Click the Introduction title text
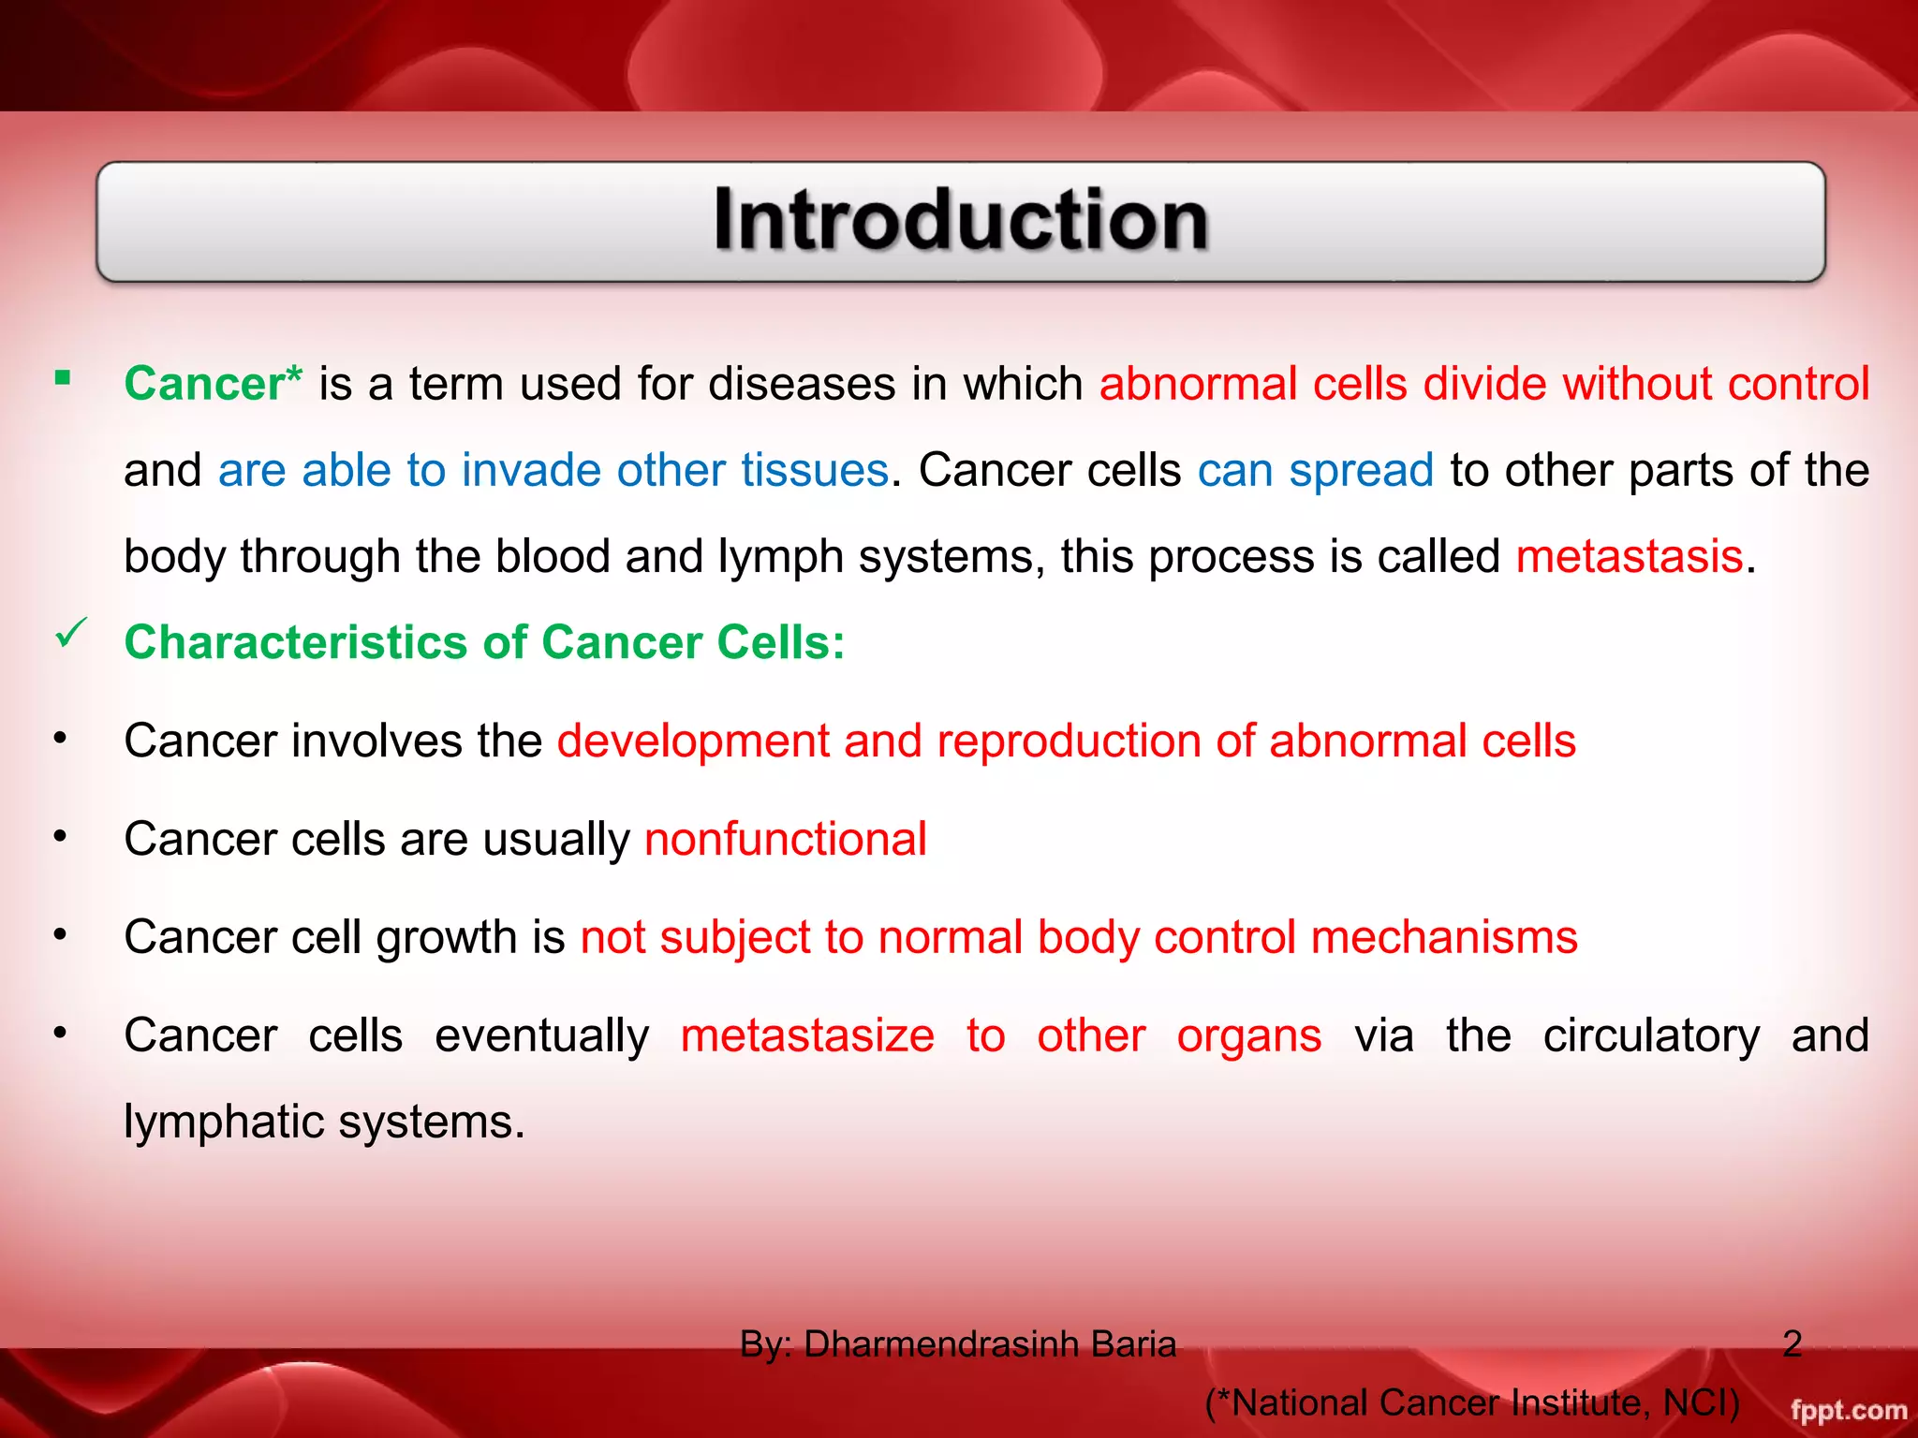[x=961, y=221]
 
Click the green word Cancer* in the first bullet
[x=213, y=384]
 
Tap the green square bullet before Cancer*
[x=63, y=378]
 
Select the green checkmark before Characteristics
[x=71, y=634]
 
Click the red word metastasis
[x=1630, y=556]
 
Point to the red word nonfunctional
[x=785, y=839]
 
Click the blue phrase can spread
[x=1315, y=470]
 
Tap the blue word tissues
[x=814, y=470]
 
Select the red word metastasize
[x=807, y=1035]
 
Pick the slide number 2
[x=1792, y=1343]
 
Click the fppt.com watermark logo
[x=1848, y=1410]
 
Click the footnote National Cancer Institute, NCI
[x=1472, y=1402]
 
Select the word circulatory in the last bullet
[x=1651, y=1035]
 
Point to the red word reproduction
[x=1069, y=741]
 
